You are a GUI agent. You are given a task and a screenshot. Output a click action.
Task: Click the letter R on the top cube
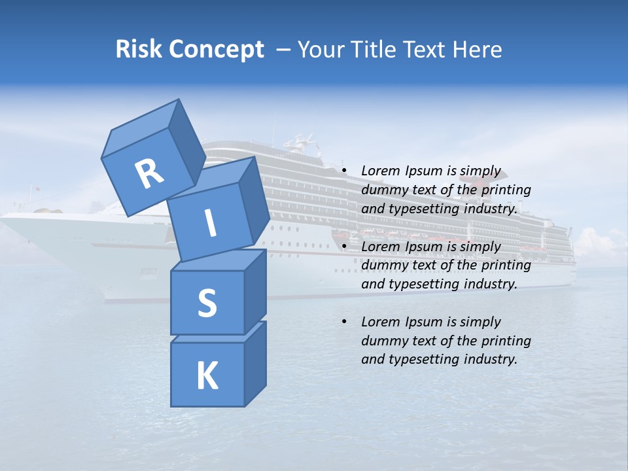pos(149,173)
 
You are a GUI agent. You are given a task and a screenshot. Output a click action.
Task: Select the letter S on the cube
pos(207,304)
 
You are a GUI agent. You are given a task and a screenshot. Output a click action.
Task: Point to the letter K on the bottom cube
pos(207,376)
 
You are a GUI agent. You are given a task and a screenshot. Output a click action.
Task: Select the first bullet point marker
pos(343,171)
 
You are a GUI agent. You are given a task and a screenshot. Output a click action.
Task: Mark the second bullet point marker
pos(343,247)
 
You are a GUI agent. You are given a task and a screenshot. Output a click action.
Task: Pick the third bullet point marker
pos(343,322)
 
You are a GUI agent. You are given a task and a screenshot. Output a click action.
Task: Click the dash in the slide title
pos(285,49)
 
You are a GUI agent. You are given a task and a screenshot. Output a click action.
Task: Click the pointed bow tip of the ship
pos(4,219)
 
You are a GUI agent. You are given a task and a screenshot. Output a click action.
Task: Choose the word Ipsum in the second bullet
pos(423,247)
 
